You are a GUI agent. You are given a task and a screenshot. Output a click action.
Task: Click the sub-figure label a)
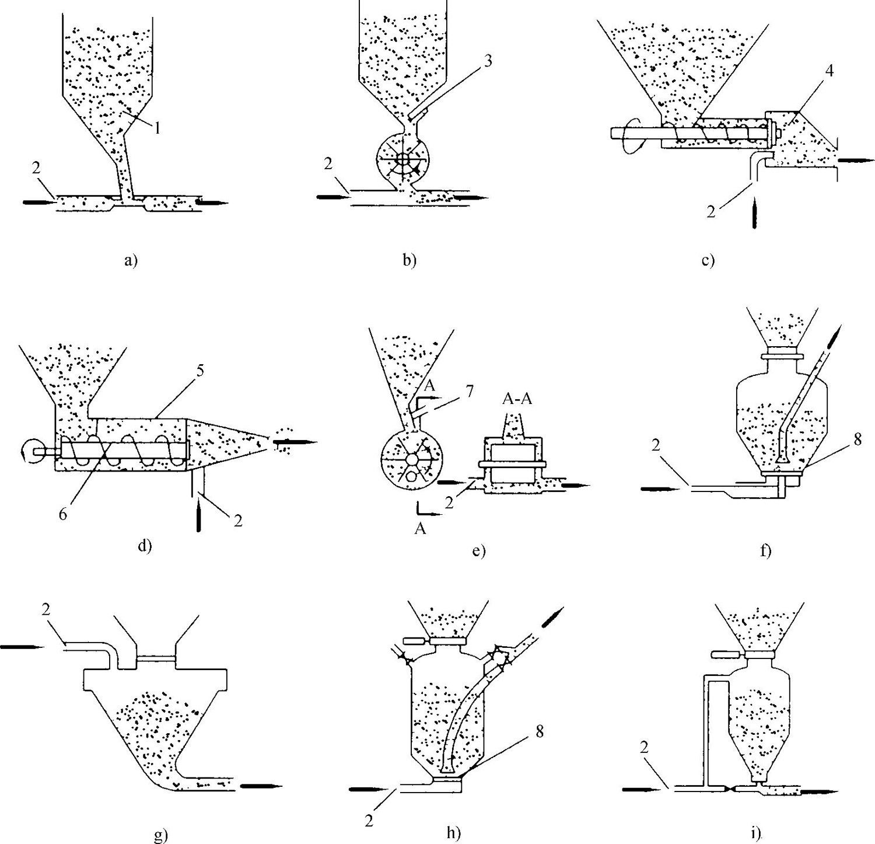(130, 261)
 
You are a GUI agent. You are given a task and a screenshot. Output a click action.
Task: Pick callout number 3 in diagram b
(488, 62)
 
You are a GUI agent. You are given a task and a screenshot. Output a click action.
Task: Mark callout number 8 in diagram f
(856, 438)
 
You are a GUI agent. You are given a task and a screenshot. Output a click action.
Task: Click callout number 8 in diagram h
(538, 731)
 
